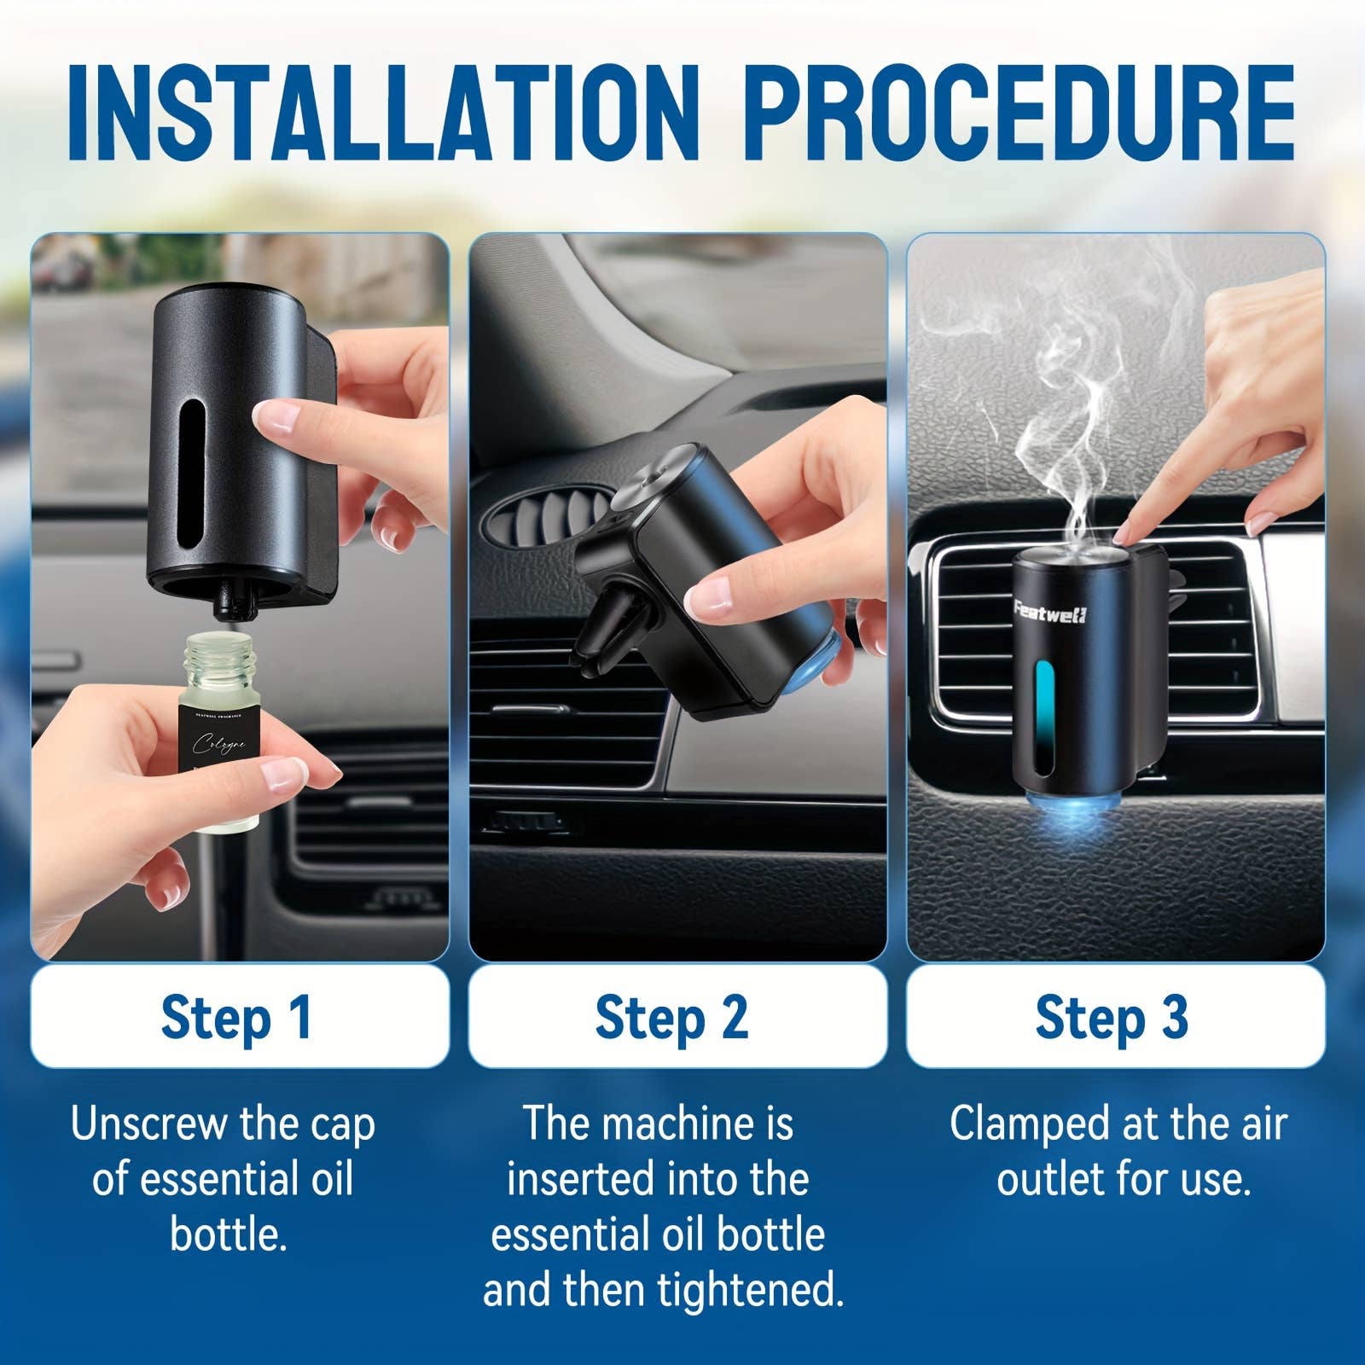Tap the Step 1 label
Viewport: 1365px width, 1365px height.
point(237,1017)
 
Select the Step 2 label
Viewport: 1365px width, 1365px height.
point(671,1017)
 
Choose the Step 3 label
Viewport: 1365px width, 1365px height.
point(1112,1017)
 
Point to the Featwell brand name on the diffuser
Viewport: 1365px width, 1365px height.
point(1050,613)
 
